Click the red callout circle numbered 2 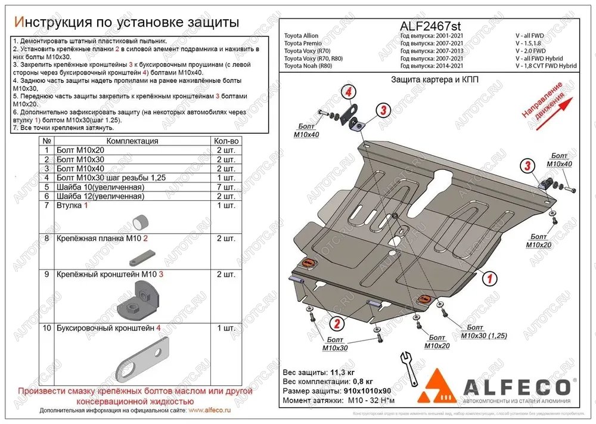[x=337, y=324]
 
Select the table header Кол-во [x=226, y=141]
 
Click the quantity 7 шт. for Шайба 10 [x=226, y=187]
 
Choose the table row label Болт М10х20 [x=80, y=150]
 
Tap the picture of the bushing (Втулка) [x=141, y=222]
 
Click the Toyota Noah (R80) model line [x=308, y=66]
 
